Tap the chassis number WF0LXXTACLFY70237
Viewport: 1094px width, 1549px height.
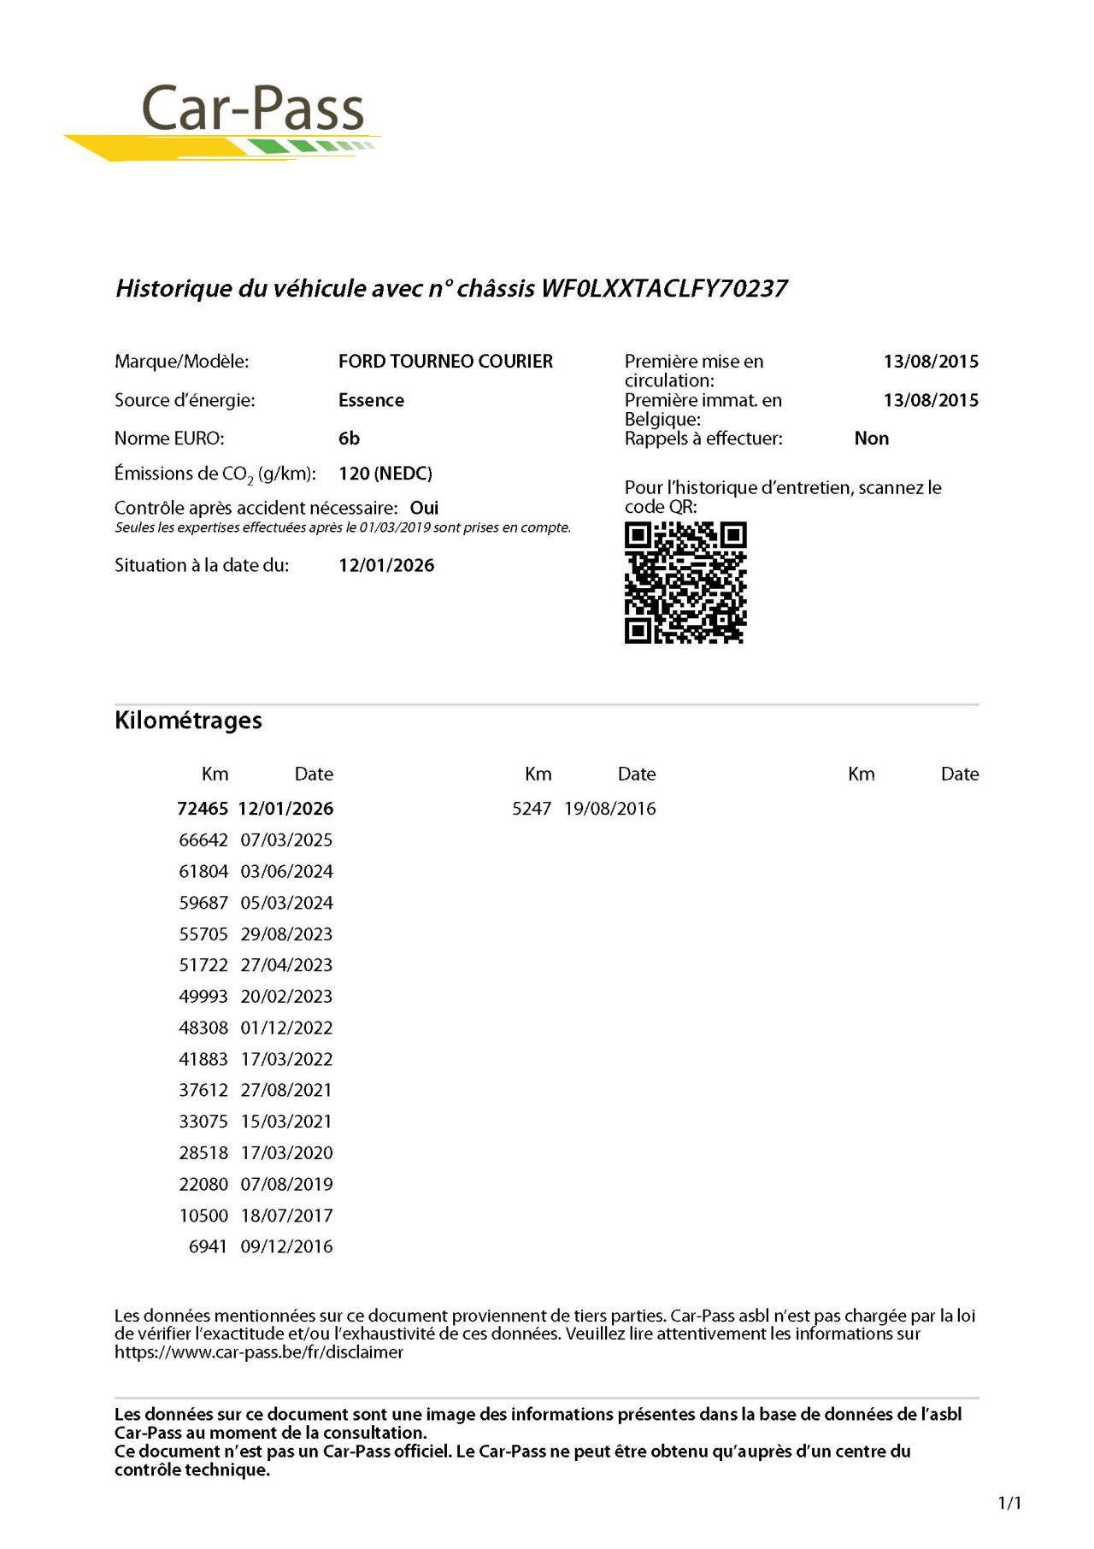[664, 288]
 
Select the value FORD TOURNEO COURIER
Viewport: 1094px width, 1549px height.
[445, 362]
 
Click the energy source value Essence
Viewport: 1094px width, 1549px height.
[371, 400]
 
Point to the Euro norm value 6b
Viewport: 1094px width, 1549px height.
[349, 439]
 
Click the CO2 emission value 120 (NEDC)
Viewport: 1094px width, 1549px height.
[385, 474]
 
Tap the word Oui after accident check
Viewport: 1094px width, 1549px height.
[424, 508]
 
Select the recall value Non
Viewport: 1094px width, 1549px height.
[871, 439]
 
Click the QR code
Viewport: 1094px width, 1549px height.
[685, 583]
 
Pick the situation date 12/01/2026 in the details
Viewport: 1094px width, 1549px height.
[386, 565]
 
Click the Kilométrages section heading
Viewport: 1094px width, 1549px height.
[188, 721]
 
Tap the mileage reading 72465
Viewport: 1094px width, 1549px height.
[203, 809]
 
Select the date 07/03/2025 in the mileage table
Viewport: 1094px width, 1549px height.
[286, 840]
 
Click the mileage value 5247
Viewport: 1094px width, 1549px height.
[532, 809]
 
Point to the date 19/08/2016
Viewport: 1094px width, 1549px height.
[609, 809]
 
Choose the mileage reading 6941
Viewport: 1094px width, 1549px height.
[208, 1247]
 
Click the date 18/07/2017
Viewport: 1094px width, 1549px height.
[286, 1216]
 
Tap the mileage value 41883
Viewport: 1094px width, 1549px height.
[203, 1059]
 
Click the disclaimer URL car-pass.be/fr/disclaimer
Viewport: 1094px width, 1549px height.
[259, 1352]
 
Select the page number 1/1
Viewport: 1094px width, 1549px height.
[1009, 1503]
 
